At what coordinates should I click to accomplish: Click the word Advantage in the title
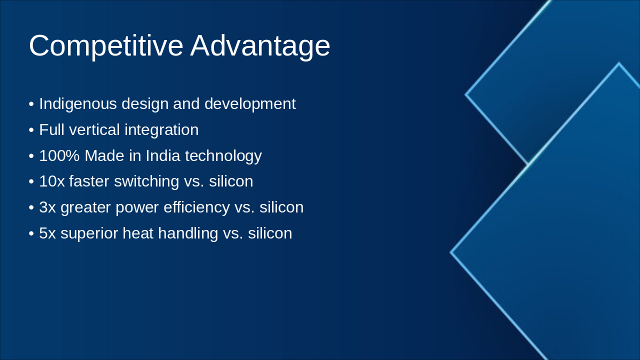click(x=260, y=46)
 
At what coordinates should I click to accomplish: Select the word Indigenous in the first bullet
click(x=78, y=104)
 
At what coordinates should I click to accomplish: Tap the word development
click(x=250, y=104)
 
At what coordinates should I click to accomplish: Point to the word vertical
click(x=94, y=129)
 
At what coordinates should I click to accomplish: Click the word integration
click(x=161, y=130)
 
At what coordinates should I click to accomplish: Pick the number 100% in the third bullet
click(x=59, y=155)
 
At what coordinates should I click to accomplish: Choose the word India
click(x=163, y=155)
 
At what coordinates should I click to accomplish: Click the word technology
click(x=223, y=156)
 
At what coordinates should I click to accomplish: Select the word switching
click(x=146, y=182)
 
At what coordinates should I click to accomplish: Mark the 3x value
click(x=47, y=207)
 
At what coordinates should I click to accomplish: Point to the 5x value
click(x=47, y=233)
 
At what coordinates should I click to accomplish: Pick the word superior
click(x=89, y=233)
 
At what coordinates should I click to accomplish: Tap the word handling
click(x=188, y=233)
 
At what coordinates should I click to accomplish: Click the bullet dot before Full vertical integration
click(x=31, y=130)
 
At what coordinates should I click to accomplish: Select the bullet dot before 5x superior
click(x=31, y=233)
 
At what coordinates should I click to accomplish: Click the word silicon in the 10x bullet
click(x=231, y=181)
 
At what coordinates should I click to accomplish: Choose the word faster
click(x=89, y=181)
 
